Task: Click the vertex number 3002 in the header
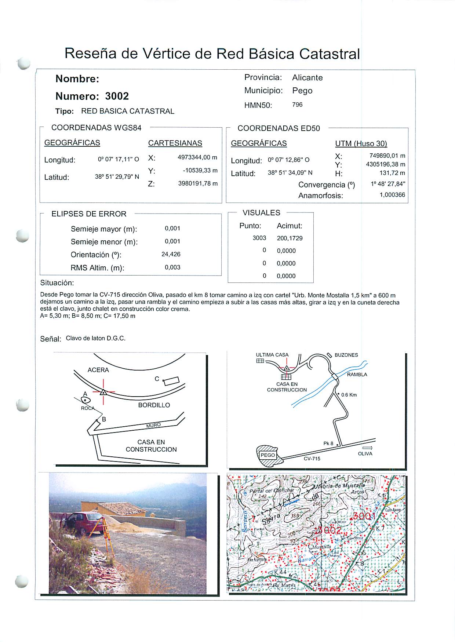pos(117,96)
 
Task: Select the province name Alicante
pos(307,78)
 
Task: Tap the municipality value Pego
pos(302,91)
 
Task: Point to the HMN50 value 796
pos(297,105)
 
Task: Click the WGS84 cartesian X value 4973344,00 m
pos(197,157)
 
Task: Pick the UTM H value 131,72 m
pos(392,173)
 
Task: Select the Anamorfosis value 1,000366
pos(392,195)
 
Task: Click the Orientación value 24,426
pos(171,254)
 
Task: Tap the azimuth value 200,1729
pos(290,238)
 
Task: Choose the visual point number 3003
pos(259,238)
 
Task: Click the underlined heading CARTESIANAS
pos(175,143)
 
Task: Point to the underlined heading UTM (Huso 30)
pos(361,143)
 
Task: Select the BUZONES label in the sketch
pos(346,355)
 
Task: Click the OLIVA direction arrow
pos(367,448)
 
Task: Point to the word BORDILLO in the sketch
pos(154,405)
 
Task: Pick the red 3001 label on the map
pos(364,517)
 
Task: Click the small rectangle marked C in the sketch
pos(172,381)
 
